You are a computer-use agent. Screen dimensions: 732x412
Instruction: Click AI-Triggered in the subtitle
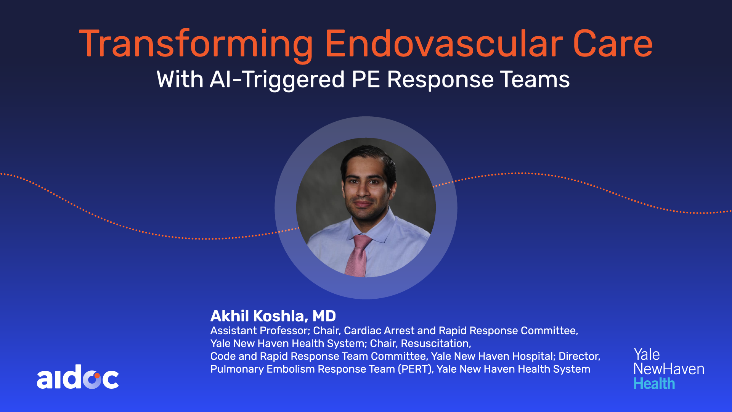click(277, 80)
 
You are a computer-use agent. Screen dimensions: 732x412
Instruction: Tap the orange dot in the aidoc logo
click(97, 375)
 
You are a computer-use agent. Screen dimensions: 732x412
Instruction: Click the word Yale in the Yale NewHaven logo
click(647, 354)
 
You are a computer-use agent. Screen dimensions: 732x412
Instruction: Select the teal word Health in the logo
click(654, 383)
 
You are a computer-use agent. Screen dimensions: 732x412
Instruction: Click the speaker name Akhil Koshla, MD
click(273, 316)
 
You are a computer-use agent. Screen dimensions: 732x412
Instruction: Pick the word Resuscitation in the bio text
click(436, 343)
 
